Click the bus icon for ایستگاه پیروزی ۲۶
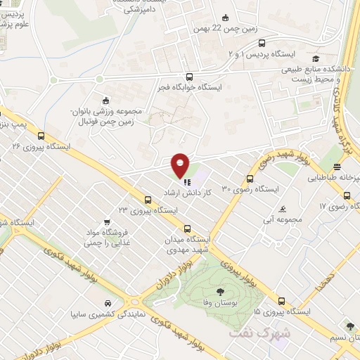[41, 136]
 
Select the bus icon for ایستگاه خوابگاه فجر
[189, 77]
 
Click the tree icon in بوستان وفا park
[220, 290]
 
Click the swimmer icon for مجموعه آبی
[281, 210]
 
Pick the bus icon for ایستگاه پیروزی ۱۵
[281, 300]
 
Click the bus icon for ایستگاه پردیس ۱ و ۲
[262, 44]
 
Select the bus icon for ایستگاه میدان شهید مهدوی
[187, 229]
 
